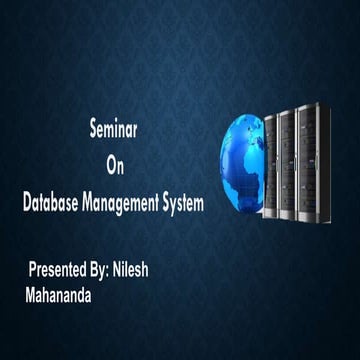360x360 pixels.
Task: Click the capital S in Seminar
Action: tap(92, 131)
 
